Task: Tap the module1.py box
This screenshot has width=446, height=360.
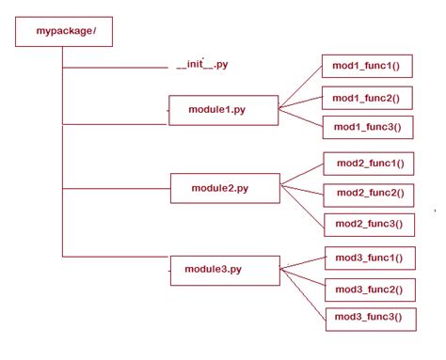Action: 223,110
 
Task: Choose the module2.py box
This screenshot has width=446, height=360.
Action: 224,188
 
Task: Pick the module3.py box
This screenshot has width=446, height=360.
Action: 224,270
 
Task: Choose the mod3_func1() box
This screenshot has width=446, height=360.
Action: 370,258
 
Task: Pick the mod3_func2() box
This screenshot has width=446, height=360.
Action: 370,288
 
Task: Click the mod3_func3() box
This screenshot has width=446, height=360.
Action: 370,318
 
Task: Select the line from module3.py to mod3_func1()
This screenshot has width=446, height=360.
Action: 303,263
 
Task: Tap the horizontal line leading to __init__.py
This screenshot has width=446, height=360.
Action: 113,68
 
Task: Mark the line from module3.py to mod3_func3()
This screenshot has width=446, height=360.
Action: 303,293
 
